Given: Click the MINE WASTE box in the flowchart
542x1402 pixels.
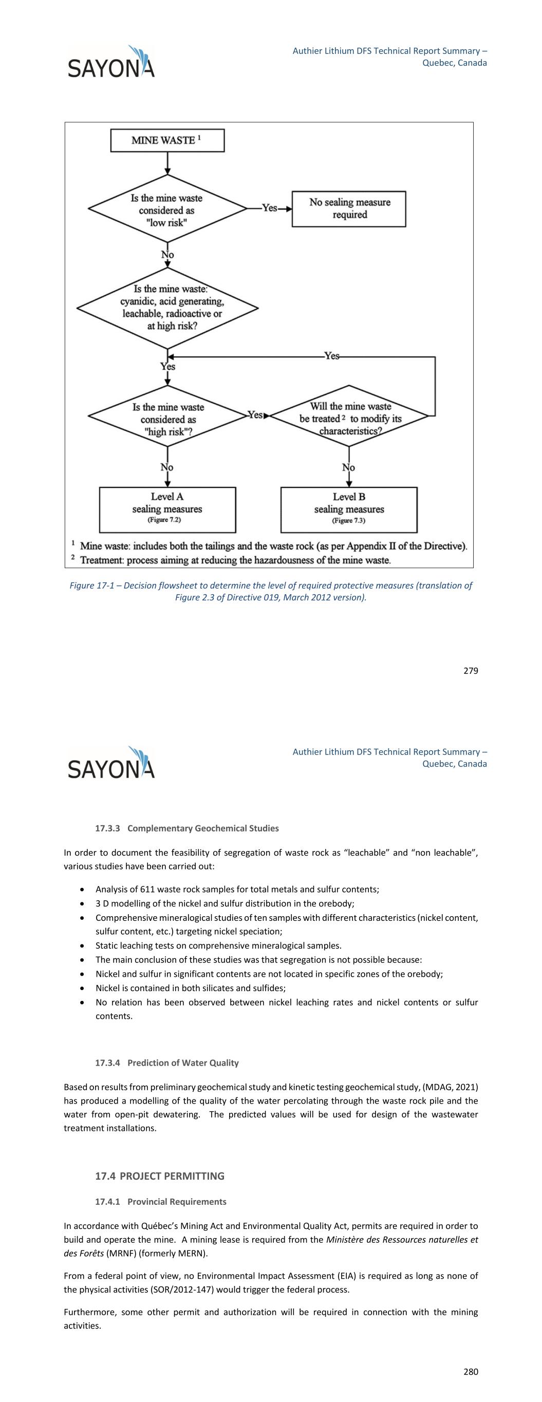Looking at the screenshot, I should pos(167,140).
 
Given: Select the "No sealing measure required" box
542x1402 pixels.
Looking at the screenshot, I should pos(349,209).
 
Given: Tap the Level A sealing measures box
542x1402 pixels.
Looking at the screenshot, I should pos(167,509).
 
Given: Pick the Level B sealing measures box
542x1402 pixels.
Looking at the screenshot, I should pos(349,509).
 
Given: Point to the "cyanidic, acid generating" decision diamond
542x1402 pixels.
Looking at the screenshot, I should pos(167,308).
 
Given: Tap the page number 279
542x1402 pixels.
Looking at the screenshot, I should pos(471,671).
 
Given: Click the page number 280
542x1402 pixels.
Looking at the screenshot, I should pos(471,1372).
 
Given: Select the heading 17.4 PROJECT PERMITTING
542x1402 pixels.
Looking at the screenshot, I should pos(160,1176).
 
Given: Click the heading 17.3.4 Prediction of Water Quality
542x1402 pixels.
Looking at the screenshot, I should pos(166,1063).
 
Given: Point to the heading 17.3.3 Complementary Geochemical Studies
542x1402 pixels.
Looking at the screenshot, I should pos(187,828).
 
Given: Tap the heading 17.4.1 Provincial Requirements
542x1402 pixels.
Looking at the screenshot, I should pos(161,1201).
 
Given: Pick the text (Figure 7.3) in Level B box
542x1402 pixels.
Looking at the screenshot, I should pos(349,521).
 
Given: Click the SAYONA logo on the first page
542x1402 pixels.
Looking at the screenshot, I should pos(111,62).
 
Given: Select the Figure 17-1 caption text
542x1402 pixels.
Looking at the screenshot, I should pos(271,591).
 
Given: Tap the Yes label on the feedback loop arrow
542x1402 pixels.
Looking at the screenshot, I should pos(332,356).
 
